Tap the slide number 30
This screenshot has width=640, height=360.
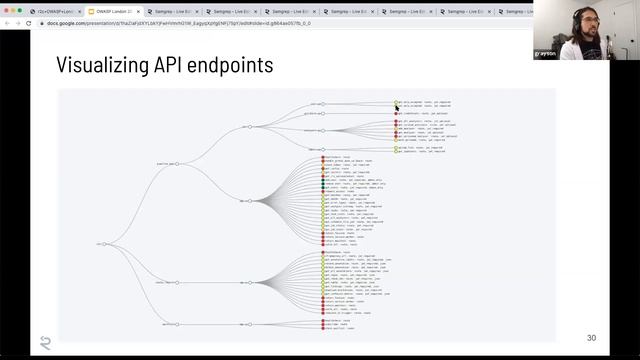[590, 338]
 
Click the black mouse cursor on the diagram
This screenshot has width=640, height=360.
[397, 105]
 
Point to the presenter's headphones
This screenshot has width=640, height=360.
[583, 20]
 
